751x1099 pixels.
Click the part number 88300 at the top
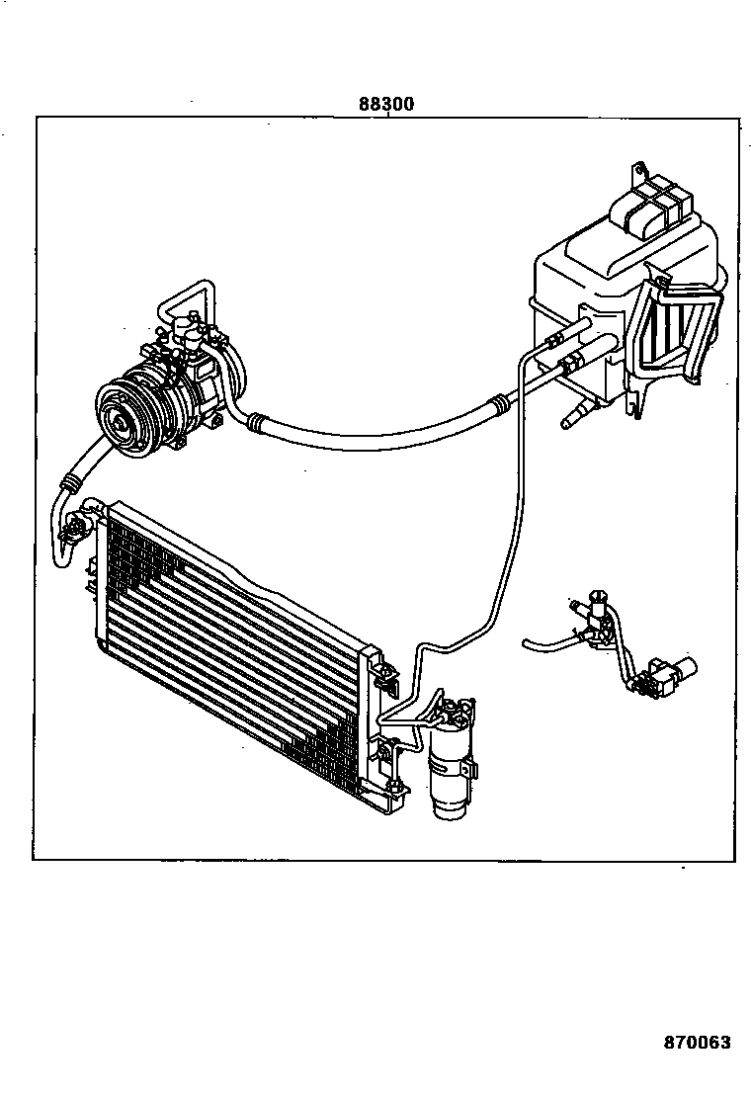(386, 104)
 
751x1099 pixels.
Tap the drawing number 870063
(697, 1042)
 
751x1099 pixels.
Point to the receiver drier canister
(453, 776)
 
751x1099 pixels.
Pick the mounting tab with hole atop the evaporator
(640, 170)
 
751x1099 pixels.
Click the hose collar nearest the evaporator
(503, 402)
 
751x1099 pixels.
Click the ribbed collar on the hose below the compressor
(71, 483)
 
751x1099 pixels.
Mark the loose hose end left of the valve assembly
(529, 645)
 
